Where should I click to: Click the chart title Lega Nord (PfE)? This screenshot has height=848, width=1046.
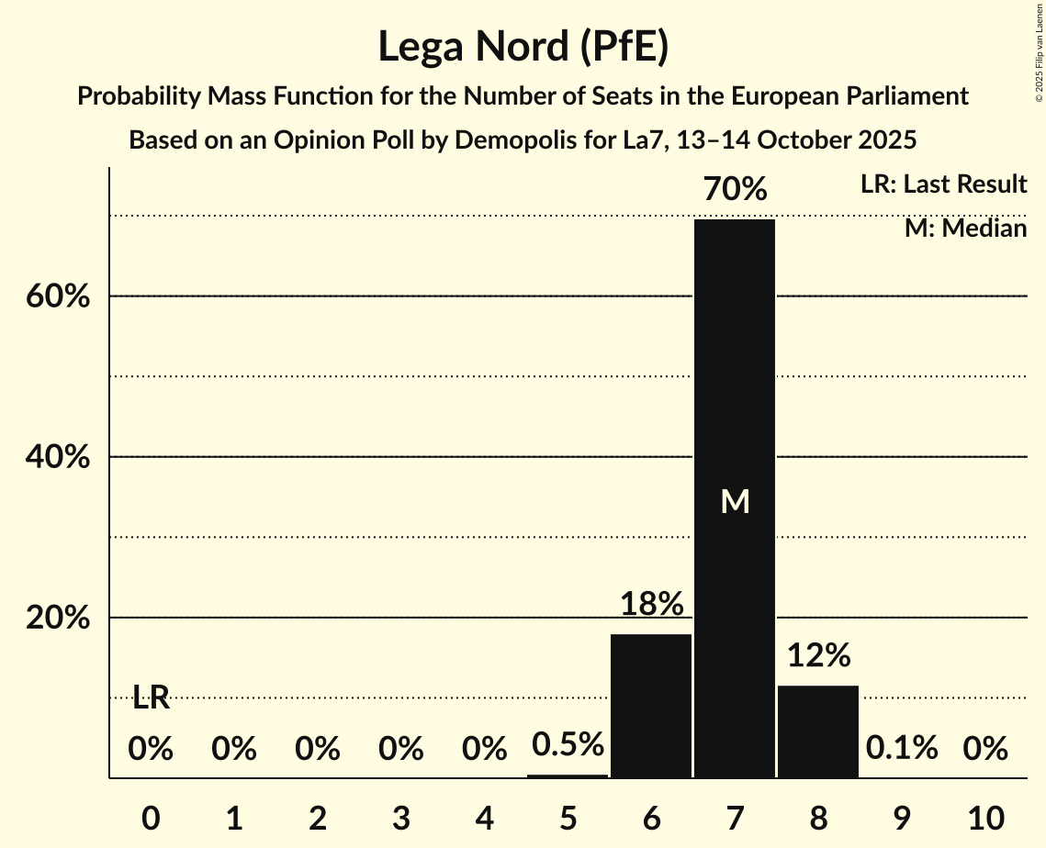tap(523, 47)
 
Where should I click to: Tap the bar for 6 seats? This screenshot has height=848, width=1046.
tap(651, 706)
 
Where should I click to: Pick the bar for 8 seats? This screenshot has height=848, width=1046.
tap(818, 731)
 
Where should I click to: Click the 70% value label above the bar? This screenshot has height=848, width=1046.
tap(735, 190)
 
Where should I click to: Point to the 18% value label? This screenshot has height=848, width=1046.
tap(651, 604)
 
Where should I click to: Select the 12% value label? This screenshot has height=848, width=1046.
tap(818, 655)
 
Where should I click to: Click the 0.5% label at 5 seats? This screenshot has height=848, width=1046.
tap(568, 744)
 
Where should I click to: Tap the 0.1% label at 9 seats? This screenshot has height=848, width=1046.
tap(902, 749)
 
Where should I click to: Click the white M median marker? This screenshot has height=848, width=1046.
tap(735, 501)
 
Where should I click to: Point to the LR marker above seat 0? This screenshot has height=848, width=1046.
tap(151, 697)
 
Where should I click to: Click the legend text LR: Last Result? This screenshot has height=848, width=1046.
tap(943, 184)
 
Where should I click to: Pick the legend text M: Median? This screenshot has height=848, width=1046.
tap(965, 229)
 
